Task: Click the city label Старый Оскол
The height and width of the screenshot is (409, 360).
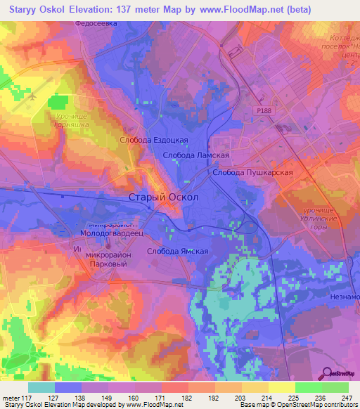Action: tap(164, 197)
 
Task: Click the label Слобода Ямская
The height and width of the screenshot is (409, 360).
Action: tap(177, 251)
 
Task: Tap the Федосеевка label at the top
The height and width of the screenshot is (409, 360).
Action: tap(96, 22)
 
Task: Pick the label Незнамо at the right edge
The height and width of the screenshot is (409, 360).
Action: tap(345, 297)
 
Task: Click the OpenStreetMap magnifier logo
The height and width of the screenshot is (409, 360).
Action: tap(328, 373)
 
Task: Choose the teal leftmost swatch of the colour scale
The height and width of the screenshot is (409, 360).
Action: tap(41, 387)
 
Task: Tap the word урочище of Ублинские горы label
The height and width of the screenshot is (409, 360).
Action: tap(314, 209)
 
